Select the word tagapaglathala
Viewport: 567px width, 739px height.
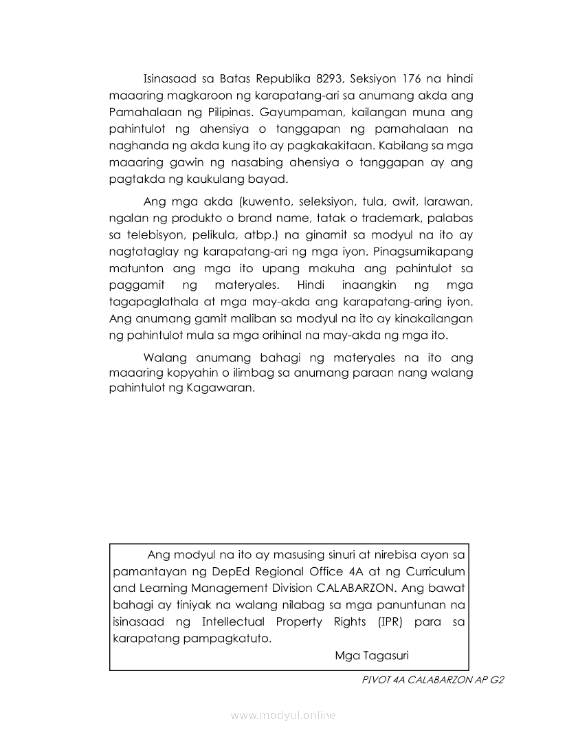point(148,302)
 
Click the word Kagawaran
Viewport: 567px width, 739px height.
point(221,387)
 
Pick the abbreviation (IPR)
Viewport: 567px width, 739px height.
point(390,621)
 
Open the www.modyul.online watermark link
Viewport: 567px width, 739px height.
point(283,715)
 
